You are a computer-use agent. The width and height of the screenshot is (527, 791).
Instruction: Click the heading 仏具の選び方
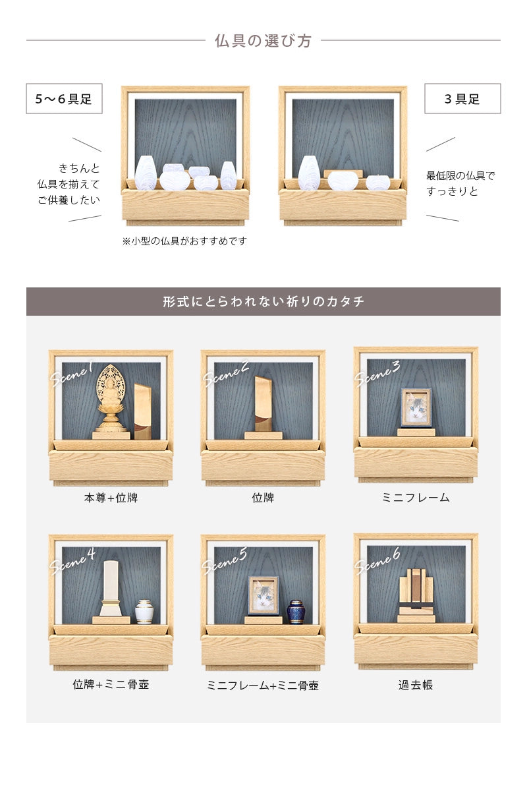point(263,41)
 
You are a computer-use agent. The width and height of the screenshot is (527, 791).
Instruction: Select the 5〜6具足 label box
point(64,99)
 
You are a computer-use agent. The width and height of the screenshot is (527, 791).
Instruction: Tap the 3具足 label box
point(462,99)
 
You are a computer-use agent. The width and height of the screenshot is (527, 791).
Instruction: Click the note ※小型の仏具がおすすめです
point(184,241)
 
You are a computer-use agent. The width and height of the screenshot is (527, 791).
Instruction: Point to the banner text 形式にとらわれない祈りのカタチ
point(263,302)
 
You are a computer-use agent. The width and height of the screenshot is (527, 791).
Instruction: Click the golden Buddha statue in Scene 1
point(111,399)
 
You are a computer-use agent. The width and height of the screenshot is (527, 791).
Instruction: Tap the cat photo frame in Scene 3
point(416,408)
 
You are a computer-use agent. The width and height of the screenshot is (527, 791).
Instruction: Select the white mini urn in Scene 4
point(144,611)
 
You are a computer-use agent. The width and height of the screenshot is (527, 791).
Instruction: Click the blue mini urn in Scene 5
point(296,611)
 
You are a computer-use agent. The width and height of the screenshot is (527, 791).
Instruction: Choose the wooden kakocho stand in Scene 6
point(416,594)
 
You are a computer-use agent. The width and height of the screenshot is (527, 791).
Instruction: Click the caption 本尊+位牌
point(111,498)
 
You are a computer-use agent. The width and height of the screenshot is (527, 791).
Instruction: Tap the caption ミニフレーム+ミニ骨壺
point(263,686)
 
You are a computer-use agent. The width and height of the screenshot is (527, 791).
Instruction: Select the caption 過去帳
point(416,685)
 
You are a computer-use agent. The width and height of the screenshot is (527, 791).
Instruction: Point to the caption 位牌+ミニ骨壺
point(111,684)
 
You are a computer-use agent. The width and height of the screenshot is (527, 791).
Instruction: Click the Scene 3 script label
point(377,374)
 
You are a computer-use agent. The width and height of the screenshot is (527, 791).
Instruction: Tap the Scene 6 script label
point(377,560)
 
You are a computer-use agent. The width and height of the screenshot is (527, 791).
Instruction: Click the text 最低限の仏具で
point(460,175)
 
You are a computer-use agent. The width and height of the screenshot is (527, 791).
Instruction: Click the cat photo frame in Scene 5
point(263,596)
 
